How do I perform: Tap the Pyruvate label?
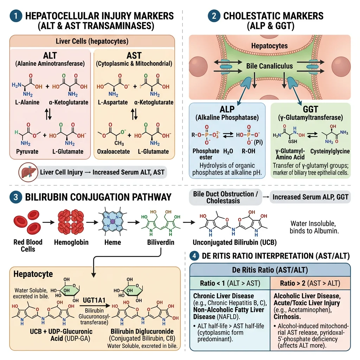pos(27,152)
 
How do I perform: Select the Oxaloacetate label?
pos(113,152)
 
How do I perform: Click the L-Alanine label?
pos(27,102)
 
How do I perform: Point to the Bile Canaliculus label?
pos(270,66)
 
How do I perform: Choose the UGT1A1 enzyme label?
pos(95,300)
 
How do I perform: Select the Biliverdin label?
pos(160,242)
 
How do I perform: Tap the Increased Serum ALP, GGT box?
pos(310,197)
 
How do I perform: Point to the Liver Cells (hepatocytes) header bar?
pos(92,41)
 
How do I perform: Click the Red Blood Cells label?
pos(28,245)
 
